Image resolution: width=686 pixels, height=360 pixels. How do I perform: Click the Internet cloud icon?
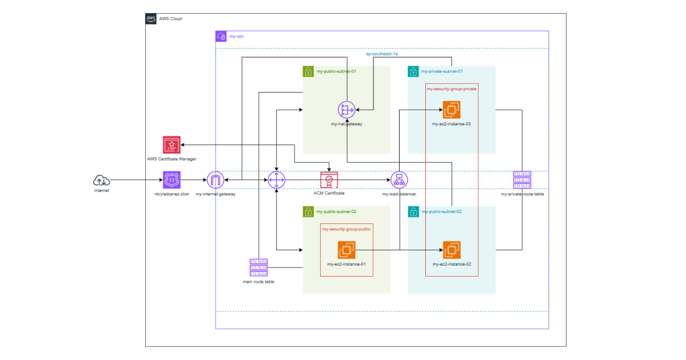pyautogui.click(x=101, y=181)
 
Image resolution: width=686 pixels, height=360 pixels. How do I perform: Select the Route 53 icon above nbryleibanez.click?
pyautogui.click(x=171, y=180)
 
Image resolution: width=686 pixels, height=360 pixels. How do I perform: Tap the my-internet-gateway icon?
pyautogui.click(x=216, y=181)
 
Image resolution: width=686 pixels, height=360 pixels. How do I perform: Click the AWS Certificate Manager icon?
pyautogui.click(x=171, y=145)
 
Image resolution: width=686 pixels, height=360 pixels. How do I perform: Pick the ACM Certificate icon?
pyautogui.click(x=329, y=180)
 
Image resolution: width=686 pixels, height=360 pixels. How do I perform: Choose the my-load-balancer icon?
pyautogui.click(x=399, y=181)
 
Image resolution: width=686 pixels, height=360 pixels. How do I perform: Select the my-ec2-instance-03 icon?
pyautogui.click(x=452, y=110)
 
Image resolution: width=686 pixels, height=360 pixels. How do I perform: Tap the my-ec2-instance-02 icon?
pyautogui.click(x=452, y=250)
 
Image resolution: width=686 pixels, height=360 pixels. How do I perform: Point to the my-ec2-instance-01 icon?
pyautogui.click(x=346, y=250)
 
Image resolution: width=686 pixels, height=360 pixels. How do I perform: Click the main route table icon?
pyautogui.click(x=258, y=267)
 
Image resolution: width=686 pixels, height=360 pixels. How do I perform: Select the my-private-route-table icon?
pyautogui.click(x=522, y=180)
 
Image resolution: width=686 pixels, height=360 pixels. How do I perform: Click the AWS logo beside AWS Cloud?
pyautogui.click(x=151, y=19)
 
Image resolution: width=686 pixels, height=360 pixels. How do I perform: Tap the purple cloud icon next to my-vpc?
pyautogui.click(x=221, y=37)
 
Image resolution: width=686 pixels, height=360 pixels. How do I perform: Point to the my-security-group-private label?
pyautogui.click(x=452, y=89)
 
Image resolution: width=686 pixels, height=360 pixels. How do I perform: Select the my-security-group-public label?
pyautogui.click(x=346, y=229)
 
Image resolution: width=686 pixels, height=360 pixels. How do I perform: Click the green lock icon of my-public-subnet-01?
pyautogui.click(x=308, y=71)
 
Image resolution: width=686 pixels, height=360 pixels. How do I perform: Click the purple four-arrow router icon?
pyautogui.click(x=276, y=181)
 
